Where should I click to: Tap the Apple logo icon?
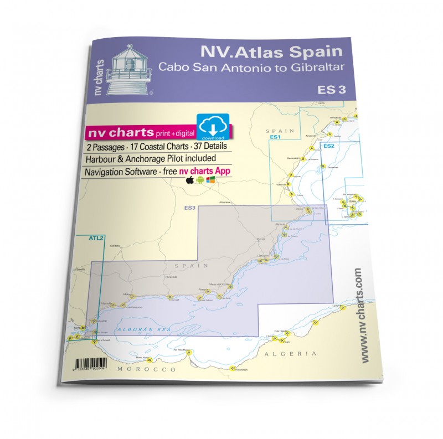pos(190,180)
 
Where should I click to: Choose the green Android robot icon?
pos(199,180)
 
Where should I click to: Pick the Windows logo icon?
pos(210,180)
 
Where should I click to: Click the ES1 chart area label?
pos(276,137)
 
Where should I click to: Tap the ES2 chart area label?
pos(328,146)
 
